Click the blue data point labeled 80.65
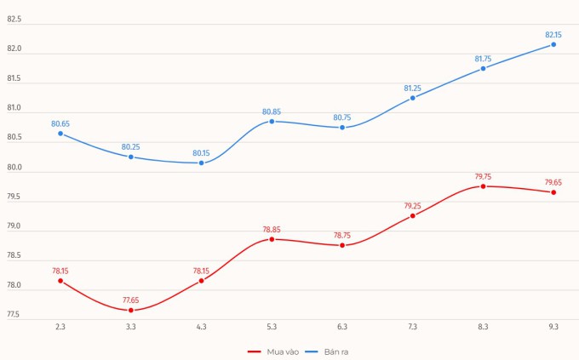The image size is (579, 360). pos(60,134)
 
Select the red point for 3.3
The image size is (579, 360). pos(131,310)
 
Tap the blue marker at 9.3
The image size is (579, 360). pos(553,44)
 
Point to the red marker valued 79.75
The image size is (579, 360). pos(483,186)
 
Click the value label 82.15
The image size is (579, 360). pos(553,35)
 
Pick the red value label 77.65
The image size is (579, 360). pos(131,300)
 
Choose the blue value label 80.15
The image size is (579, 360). pos(201,153)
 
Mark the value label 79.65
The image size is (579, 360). pos(553,182)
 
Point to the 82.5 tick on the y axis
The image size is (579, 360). pos(14,20)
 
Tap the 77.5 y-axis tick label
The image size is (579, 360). pos(14,315)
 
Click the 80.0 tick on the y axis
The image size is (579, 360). pos(14,168)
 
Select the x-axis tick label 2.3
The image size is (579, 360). pos(60,327)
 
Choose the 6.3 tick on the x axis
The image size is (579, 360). pos(342,327)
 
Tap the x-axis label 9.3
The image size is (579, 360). pos(553,327)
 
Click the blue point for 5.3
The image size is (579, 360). pos(272,122)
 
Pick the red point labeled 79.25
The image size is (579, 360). pos(413,215)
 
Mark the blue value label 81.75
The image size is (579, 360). pos(483,59)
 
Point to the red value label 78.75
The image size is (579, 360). pos(342,236)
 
